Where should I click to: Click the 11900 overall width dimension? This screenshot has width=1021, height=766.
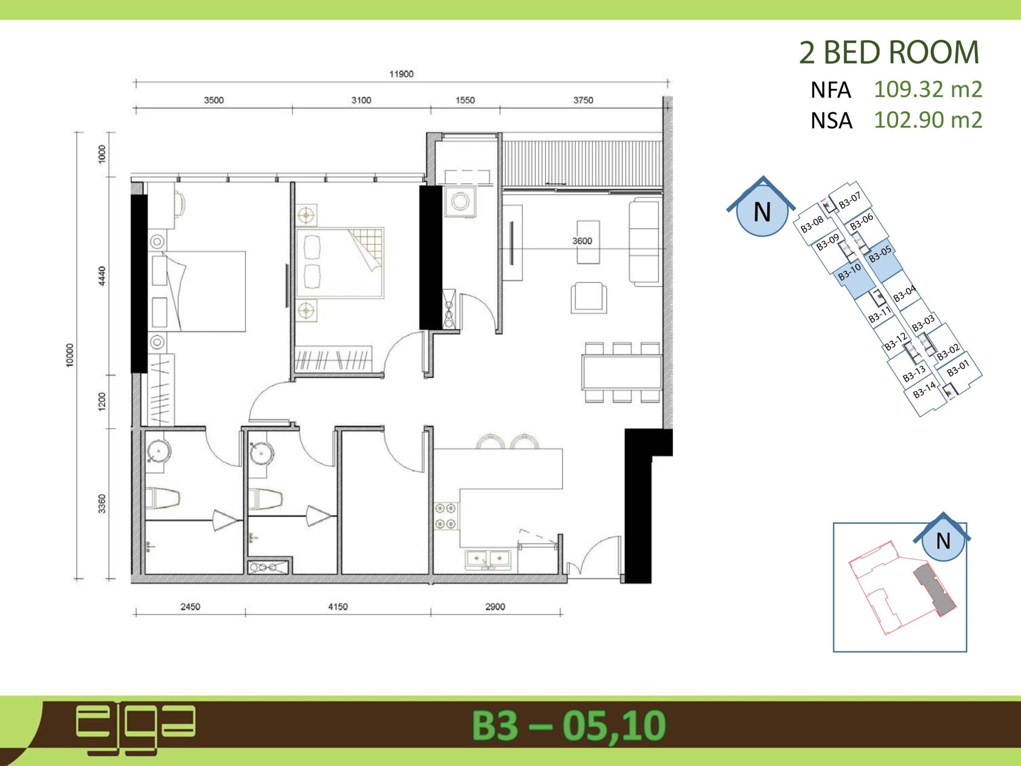[x=401, y=74]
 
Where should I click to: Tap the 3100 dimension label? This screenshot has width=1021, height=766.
[x=361, y=100]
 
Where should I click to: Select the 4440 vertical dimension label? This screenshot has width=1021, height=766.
[x=102, y=276]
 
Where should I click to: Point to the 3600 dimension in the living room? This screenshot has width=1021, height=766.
[x=582, y=241]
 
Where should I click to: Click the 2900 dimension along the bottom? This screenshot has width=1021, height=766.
[x=495, y=606]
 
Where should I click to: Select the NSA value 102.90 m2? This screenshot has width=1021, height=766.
[x=928, y=120]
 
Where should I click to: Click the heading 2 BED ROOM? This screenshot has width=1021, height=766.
[x=889, y=53]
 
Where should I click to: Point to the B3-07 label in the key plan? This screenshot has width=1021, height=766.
[x=850, y=201]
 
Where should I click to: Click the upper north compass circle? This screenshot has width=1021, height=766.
[x=762, y=213]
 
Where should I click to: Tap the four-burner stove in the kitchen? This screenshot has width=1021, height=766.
[x=446, y=516]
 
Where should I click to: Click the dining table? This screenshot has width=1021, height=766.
[x=621, y=372]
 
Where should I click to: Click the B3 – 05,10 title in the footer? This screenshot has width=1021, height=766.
[x=569, y=725]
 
